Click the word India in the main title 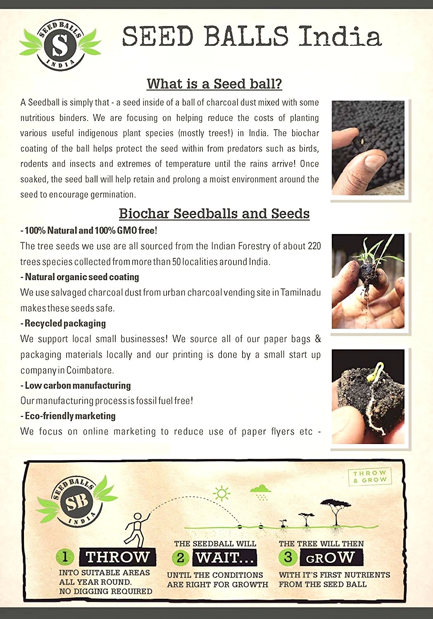340,36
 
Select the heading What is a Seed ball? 214,84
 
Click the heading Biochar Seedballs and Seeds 214,213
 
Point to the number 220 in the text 314,246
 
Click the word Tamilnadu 300,293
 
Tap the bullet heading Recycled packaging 65,324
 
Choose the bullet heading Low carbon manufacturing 77,385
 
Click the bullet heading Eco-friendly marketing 70,416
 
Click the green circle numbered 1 65,557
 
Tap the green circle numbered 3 288,557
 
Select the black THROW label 117,557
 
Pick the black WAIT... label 225,558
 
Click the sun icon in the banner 222,493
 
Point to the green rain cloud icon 261,491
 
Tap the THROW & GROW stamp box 370,476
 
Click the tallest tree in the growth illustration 335,512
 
